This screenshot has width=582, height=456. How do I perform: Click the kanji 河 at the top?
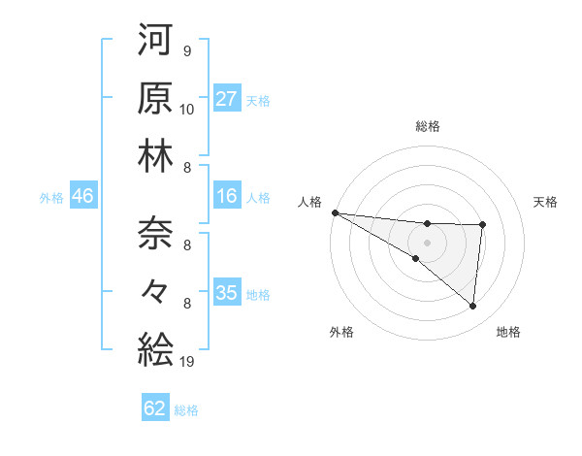(155, 42)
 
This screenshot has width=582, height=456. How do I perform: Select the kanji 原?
(155, 98)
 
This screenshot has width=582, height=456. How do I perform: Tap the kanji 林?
(155, 155)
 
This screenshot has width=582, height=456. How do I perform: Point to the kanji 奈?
(155, 234)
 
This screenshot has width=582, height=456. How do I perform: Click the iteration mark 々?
(155, 291)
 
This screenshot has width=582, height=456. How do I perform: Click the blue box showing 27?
(226, 99)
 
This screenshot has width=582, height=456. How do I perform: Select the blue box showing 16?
(226, 197)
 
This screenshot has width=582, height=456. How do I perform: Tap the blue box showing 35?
(226, 293)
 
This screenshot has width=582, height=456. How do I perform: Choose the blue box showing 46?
(82, 197)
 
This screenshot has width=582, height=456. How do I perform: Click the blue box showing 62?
(155, 408)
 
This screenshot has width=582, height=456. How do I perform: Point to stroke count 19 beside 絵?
(187, 362)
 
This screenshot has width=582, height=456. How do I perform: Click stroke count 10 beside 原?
(187, 109)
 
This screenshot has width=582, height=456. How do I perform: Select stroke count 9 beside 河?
(187, 51)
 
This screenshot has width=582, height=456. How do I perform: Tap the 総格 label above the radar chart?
(428, 126)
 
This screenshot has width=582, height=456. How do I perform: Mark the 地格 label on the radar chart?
(508, 332)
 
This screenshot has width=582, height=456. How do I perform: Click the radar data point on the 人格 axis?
(335, 212)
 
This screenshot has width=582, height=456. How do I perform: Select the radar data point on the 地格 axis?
(472, 306)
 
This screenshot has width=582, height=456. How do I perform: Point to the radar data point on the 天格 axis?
(482, 225)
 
